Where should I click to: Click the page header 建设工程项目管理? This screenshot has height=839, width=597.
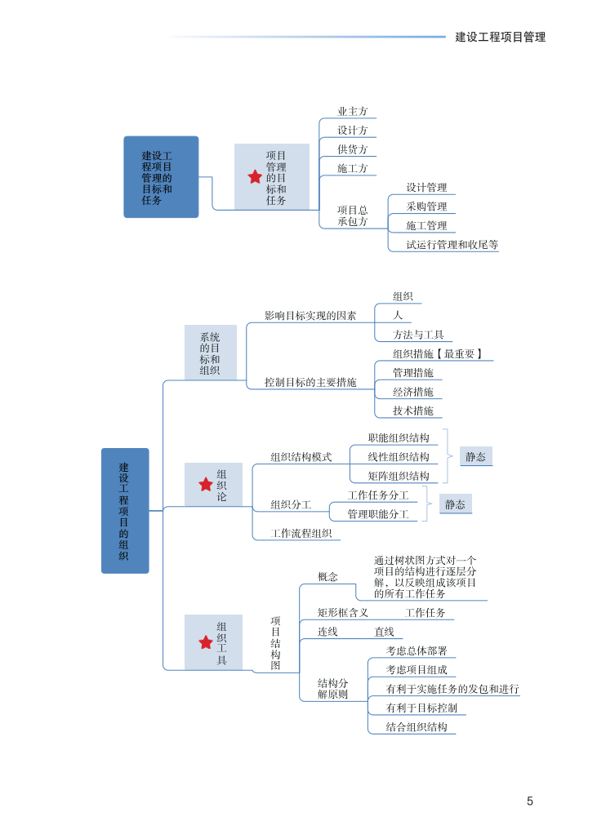click(500, 37)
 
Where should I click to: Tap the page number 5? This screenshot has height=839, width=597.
click(530, 801)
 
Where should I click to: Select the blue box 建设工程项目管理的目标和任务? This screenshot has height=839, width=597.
click(161, 177)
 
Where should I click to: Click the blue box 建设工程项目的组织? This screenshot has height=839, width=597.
click(125, 511)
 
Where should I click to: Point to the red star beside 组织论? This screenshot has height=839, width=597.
click(206, 485)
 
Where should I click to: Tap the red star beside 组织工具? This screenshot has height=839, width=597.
click(206, 642)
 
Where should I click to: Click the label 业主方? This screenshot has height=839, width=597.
click(353, 112)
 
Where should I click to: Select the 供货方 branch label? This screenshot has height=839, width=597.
click(353, 149)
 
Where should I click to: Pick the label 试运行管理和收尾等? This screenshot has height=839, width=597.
click(452, 244)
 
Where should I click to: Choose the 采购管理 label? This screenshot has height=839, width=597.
click(426, 206)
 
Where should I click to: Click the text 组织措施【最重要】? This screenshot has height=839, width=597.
click(438, 354)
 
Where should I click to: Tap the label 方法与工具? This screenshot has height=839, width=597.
click(418, 335)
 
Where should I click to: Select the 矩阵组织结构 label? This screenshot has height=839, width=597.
click(398, 476)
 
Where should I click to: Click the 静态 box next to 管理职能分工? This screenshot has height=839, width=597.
click(455, 504)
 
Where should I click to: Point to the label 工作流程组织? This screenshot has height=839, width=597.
click(301, 534)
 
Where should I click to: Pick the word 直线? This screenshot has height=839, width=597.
click(384, 632)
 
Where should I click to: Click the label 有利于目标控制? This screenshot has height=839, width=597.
click(421, 708)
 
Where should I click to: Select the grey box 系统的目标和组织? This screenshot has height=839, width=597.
click(210, 353)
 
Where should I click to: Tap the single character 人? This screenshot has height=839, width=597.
click(398, 315)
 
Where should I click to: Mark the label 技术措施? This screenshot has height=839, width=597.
click(412, 411)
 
